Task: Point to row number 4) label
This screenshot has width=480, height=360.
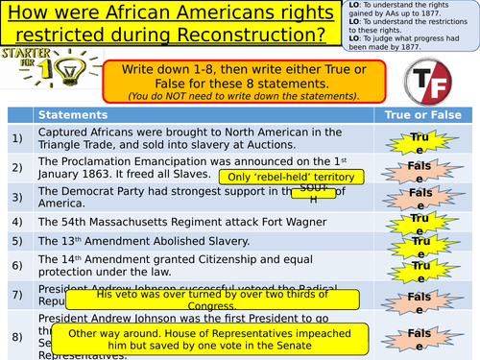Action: tap(16, 222)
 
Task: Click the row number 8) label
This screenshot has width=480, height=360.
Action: tap(16, 336)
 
